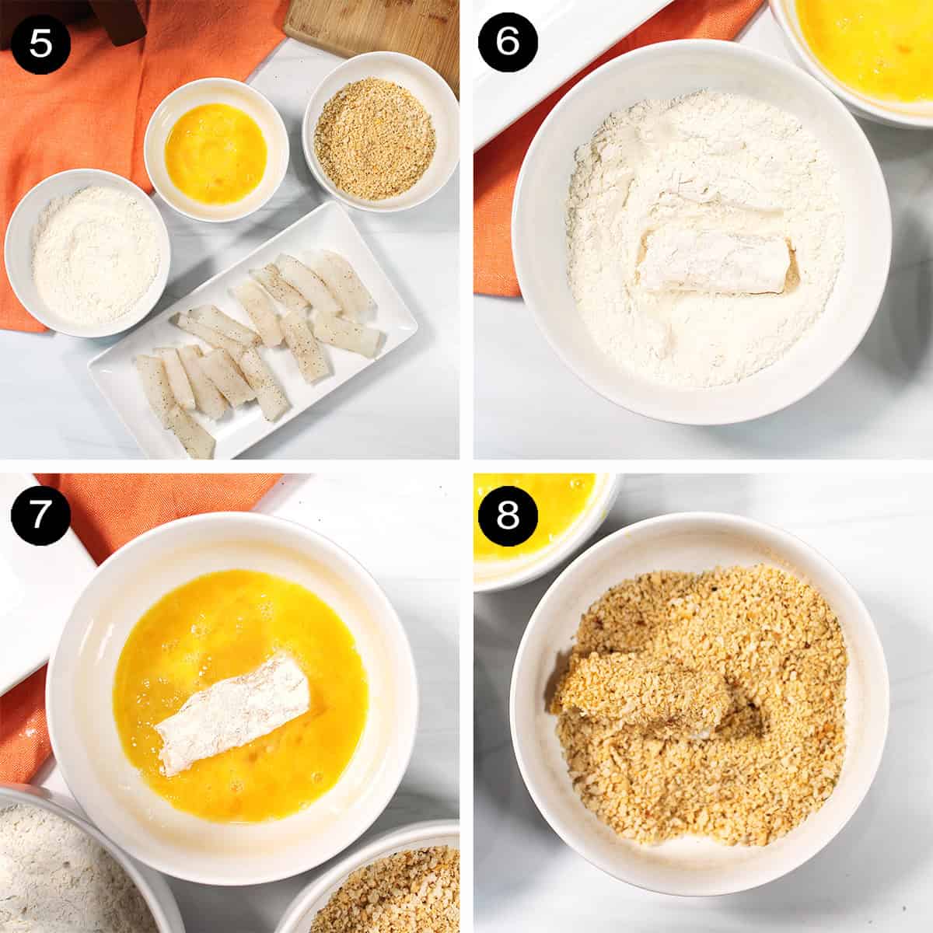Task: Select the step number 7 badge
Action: point(40,515)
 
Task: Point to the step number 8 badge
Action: point(507,515)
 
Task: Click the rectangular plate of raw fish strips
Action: point(257,334)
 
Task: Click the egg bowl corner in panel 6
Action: point(863,39)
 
